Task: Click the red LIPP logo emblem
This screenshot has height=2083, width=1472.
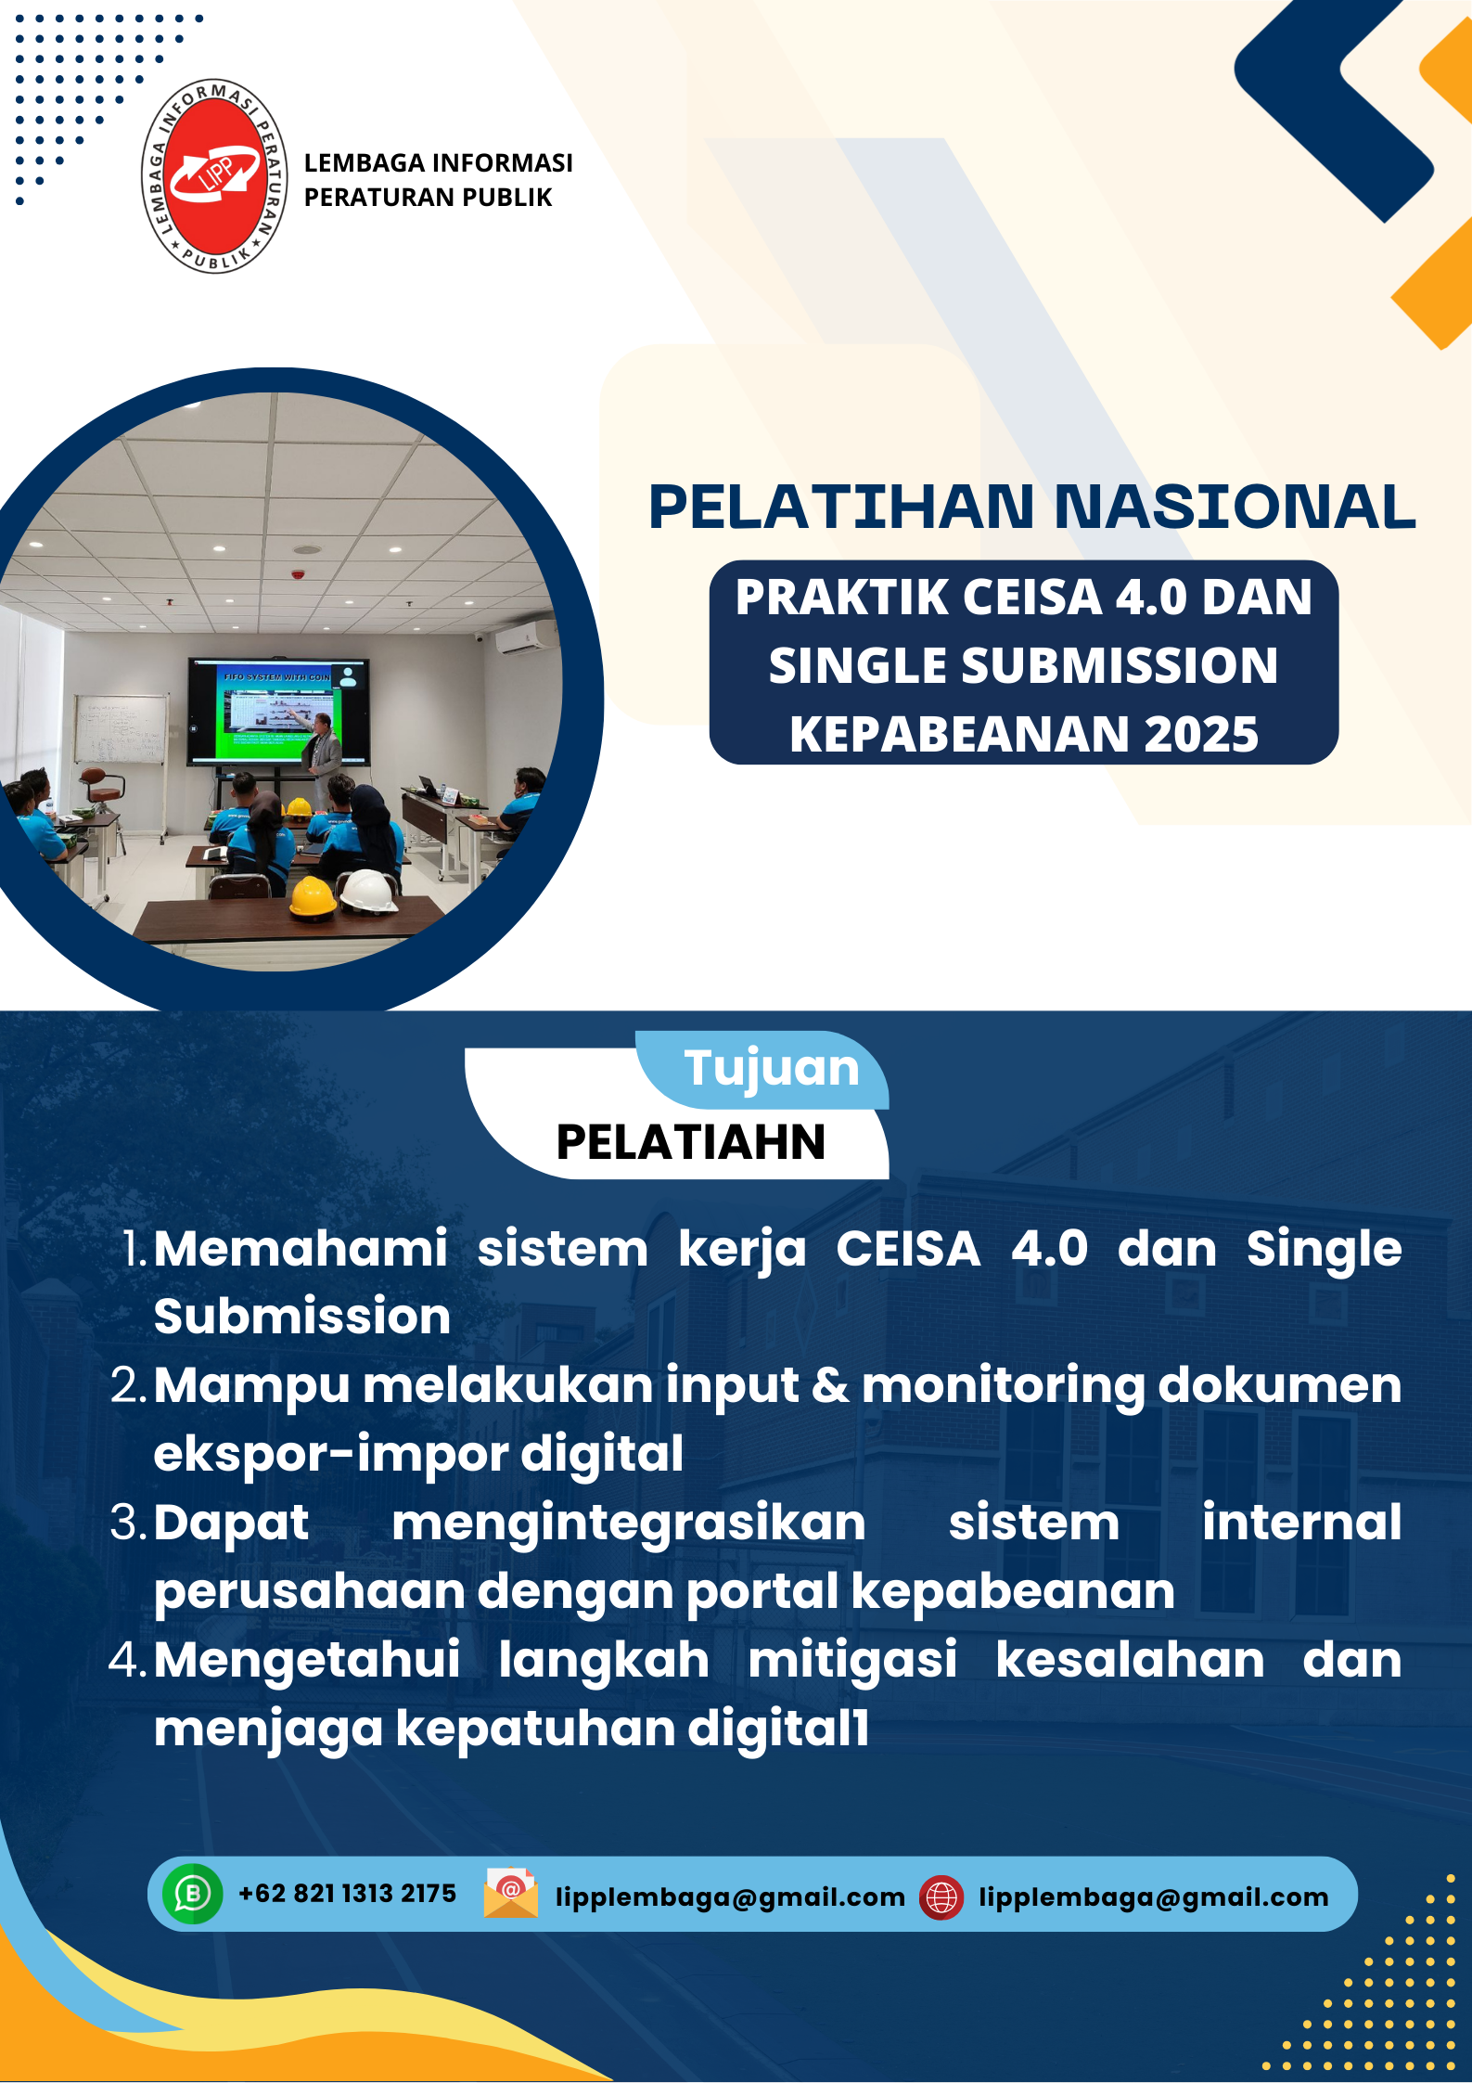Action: coord(214,175)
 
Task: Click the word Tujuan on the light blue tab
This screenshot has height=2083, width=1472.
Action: coord(772,1069)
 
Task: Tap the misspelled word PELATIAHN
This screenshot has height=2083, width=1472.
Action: coord(691,1142)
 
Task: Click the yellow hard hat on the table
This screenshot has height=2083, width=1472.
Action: coord(313,897)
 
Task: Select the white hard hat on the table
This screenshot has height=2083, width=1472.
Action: coord(369,891)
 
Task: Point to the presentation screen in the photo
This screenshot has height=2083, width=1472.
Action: coord(278,712)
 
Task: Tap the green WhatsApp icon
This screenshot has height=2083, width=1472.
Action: coord(193,1894)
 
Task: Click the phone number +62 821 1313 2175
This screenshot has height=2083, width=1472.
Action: coord(347,1894)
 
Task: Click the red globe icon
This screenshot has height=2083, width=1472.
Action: coord(941,1897)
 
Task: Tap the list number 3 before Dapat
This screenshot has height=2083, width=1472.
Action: coord(129,1524)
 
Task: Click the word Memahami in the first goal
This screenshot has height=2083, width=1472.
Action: coord(301,1249)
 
